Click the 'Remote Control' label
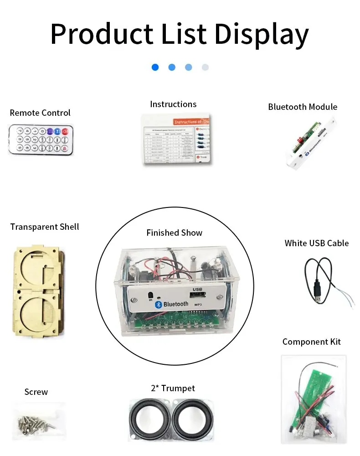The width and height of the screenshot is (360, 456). (40, 113)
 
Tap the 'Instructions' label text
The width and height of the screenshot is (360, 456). (173, 104)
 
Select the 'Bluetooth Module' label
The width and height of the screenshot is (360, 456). (303, 107)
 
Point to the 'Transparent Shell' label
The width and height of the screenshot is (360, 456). (45, 227)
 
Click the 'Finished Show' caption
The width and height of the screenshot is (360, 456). (174, 233)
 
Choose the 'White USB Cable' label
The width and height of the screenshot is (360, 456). (316, 243)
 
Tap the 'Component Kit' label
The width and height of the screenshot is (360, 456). (311, 342)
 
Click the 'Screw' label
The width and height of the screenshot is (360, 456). (36, 392)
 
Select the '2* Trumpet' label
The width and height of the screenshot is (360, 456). (173, 389)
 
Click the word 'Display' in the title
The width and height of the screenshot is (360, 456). (262, 34)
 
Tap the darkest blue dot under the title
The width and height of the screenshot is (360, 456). (155, 67)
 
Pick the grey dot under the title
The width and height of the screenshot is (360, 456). (205, 67)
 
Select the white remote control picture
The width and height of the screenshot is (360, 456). (40, 140)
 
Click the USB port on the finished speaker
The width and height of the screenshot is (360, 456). (197, 295)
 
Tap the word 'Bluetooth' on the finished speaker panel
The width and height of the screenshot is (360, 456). (175, 304)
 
